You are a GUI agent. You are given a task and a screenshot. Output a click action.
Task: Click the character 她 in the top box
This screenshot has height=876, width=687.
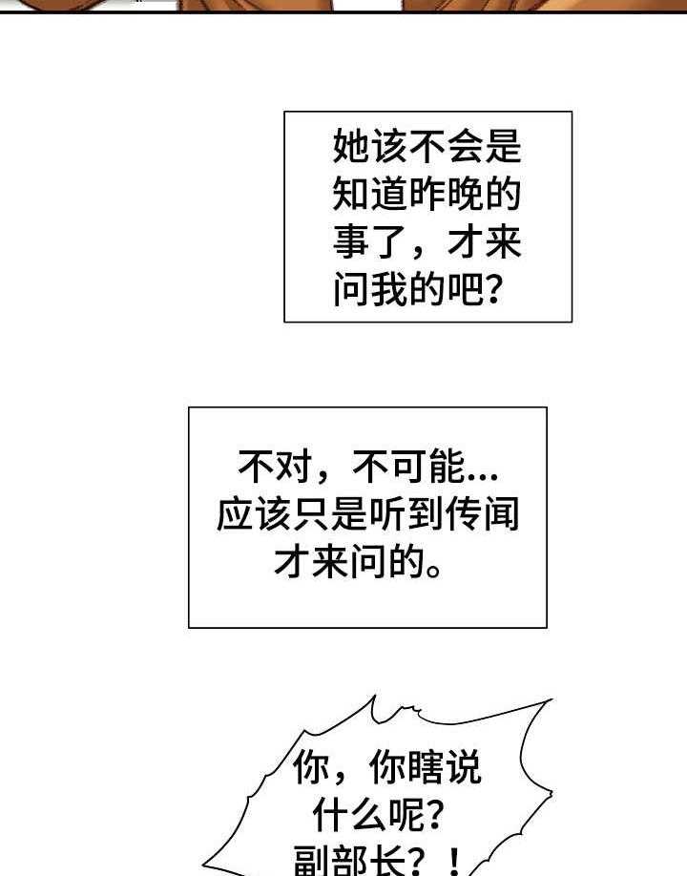click(352, 146)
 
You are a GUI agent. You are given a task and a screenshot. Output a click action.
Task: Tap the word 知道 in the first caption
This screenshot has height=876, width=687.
click(371, 195)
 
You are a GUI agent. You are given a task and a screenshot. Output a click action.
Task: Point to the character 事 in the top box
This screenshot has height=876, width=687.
click(352, 242)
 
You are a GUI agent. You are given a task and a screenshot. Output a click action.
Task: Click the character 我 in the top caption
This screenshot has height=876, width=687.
click(390, 290)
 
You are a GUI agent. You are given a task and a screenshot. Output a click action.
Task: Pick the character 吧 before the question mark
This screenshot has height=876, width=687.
click(466, 290)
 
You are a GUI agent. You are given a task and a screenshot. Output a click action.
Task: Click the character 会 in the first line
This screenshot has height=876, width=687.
click(466, 146)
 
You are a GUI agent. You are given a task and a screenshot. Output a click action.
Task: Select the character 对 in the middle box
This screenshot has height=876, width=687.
click(294, 467)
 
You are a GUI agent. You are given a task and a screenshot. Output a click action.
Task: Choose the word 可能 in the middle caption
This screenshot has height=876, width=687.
click(427, 467)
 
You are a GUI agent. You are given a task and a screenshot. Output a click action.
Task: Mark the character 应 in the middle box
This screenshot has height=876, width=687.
click(235, 514)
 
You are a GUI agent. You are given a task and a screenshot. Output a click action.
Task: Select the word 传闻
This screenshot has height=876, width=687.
click(482, 514)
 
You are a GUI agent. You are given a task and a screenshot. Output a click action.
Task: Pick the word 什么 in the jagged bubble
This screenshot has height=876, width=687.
click(350, 815)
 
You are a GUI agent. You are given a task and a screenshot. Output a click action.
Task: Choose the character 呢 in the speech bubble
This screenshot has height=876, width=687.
click(407, 815)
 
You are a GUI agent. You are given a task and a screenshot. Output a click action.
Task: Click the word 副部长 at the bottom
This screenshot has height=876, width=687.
click(350, 861)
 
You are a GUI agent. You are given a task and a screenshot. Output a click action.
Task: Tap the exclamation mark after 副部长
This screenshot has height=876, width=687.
click(455, 862)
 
